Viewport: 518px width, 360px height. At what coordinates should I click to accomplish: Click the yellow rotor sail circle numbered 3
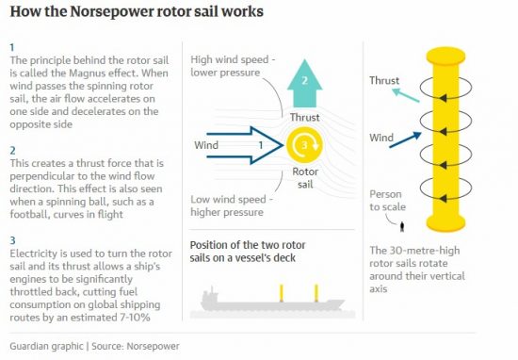[303, 145]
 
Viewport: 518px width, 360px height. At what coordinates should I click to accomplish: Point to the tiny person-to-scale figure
[403, 225]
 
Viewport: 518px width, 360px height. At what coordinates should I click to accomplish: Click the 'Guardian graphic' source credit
[50, 344]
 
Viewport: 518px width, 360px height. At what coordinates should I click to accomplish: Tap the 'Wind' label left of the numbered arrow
[206, 146]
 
